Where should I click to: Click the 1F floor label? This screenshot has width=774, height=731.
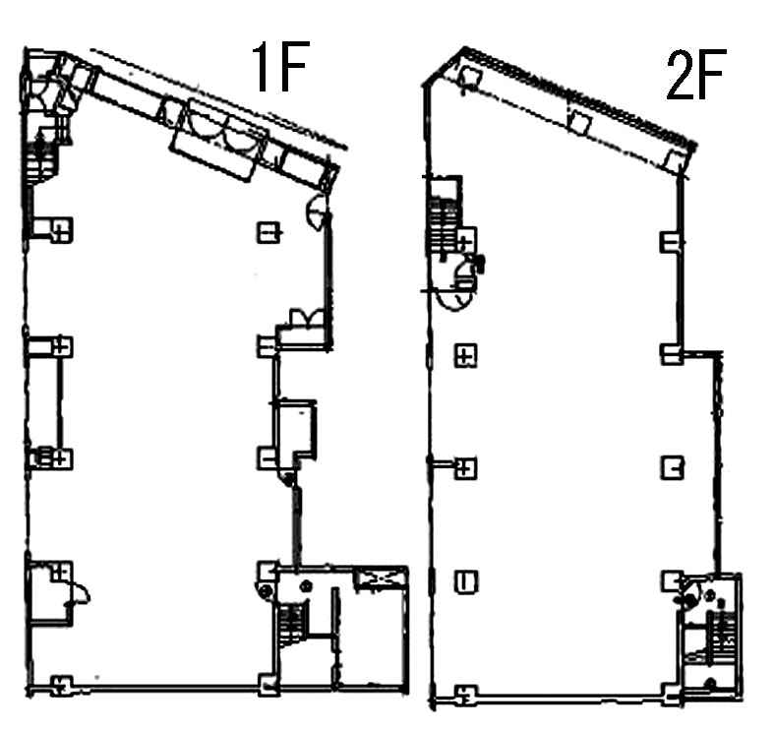[280, 67]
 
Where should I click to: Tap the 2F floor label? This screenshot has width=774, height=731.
[695, 75]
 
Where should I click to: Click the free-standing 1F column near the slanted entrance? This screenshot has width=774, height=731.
[269, 231]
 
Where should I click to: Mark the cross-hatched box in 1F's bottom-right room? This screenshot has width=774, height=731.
[379, 578]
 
